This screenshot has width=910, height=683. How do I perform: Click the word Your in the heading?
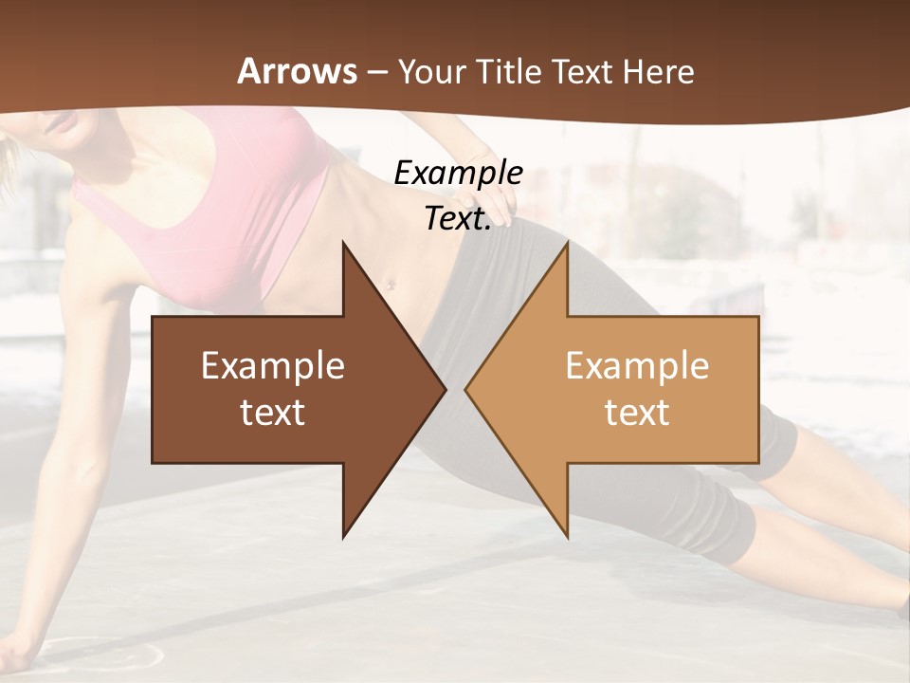pyautogui.click(x=431, y=71)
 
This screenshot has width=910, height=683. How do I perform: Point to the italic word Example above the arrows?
pyautogui.click(x=458, y=174)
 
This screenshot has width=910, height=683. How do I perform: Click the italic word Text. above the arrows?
pyautogui.click(x=458, y=219)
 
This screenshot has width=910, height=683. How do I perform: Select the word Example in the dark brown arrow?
pyautogui.click(x=273, y=365)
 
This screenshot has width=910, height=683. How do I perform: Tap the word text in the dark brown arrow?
pyautogui.click(x=273, y=412)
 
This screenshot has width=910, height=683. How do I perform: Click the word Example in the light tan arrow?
pyautogui.click(x=637, y=365)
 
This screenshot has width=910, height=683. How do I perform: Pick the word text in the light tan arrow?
pyautogui.click(x=637, y=412)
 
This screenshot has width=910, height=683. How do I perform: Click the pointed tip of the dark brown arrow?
pyautogui.click(x=444, y=389)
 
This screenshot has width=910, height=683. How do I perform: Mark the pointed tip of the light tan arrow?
pyautogui.click(x=467, y=389)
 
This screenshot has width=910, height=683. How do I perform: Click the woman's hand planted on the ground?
pyautogui.click(x=24, y=655)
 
